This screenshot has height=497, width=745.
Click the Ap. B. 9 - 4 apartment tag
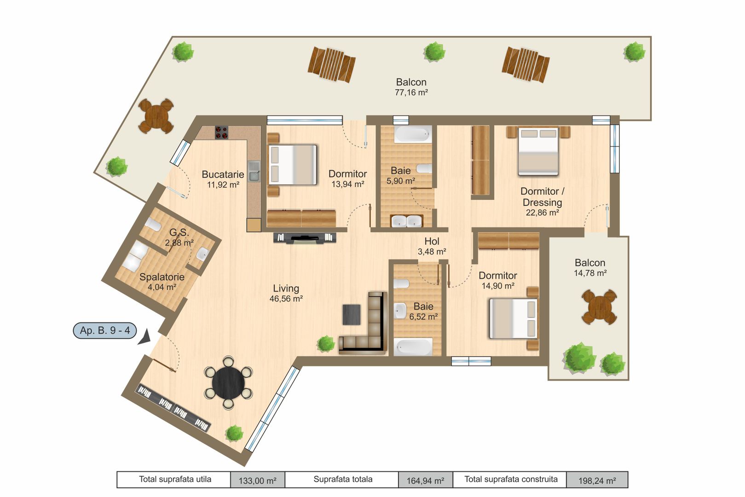(105, 330)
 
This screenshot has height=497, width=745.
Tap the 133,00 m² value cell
(257, 480)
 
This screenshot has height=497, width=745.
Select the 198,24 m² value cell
(597, 480)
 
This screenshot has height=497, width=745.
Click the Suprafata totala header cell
(342, 480)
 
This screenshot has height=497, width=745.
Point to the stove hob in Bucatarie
(222, 133)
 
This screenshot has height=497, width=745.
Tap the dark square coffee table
(352, 315)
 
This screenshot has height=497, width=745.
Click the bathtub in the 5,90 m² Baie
(413, 134)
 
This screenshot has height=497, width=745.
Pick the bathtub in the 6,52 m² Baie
(413, 347)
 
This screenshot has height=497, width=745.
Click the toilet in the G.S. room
(152, 225)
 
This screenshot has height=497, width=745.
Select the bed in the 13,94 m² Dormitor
(293, 165)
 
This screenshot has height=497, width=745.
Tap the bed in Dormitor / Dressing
(538, 151)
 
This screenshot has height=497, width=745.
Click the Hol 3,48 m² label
(432, 246)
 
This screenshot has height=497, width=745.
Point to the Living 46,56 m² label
(286, 293)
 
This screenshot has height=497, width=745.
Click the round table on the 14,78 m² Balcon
(599, 307)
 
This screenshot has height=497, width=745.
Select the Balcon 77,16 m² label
(411, 87)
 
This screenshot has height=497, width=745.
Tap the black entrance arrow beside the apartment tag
(145, 337)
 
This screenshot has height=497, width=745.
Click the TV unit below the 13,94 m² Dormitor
(305, 237)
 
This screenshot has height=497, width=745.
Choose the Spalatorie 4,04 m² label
(162, 282)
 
